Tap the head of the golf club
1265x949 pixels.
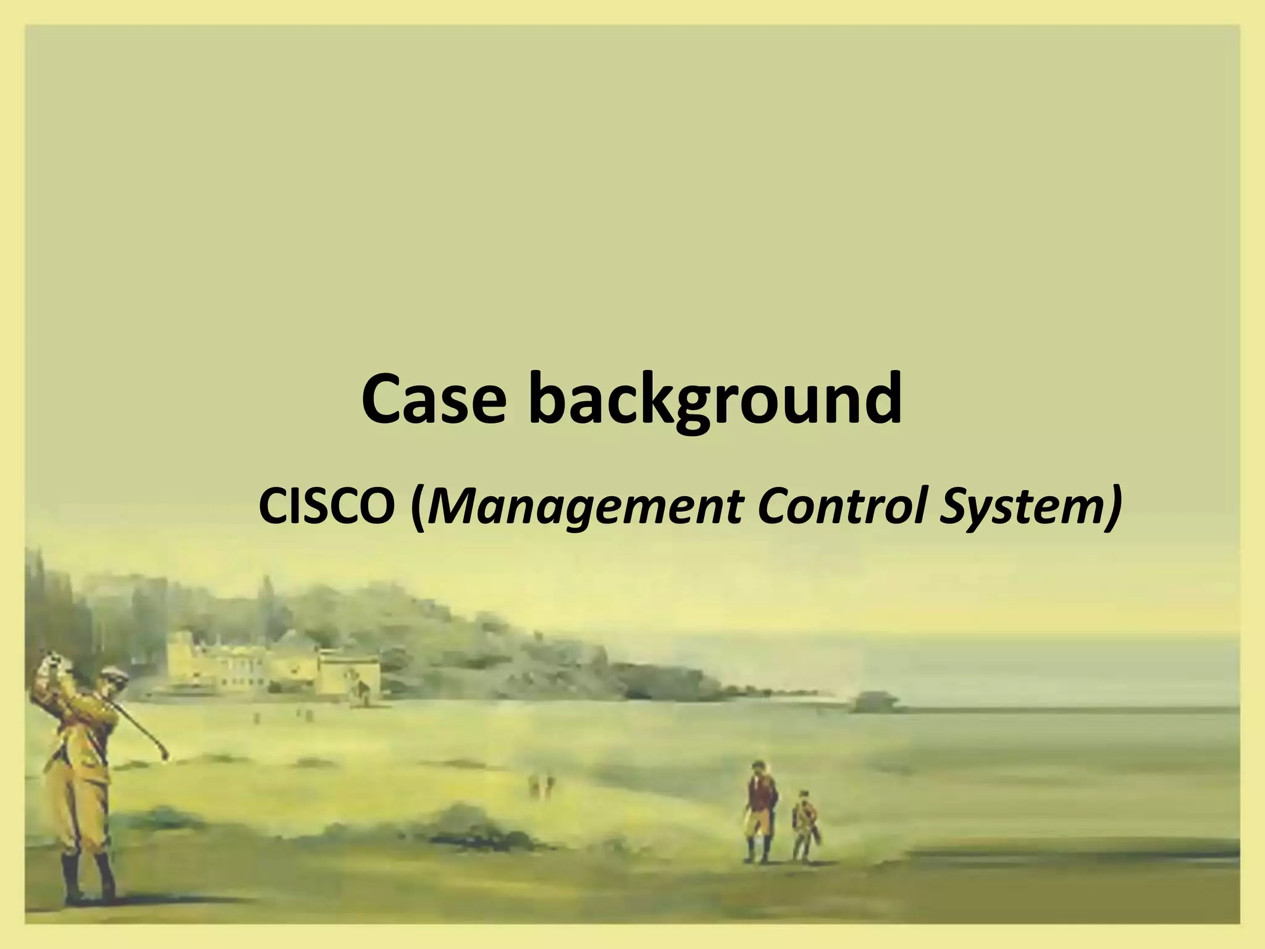click(164, 754)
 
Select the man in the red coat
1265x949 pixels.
click(758, 812)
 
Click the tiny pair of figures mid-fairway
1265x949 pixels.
click(542, 783)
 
